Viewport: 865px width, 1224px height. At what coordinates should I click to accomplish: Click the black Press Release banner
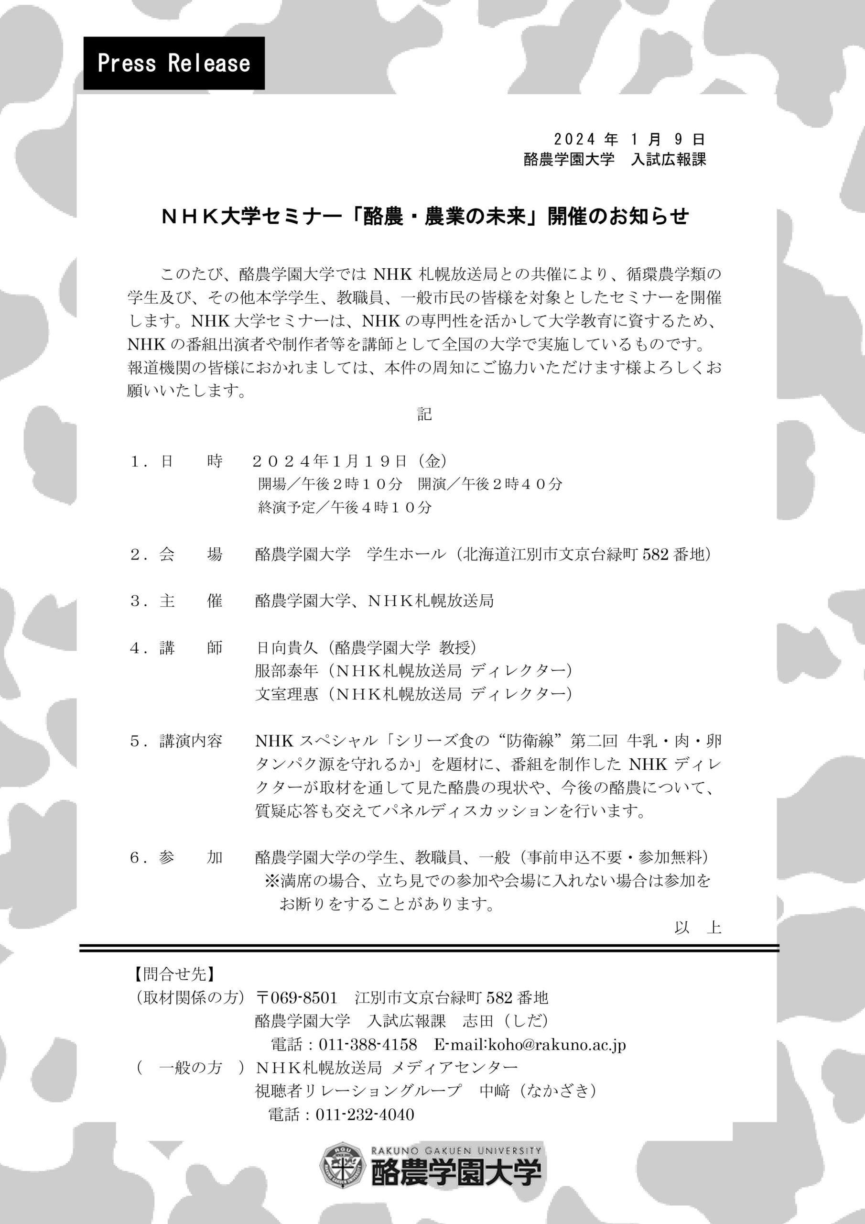(x=174, y=63)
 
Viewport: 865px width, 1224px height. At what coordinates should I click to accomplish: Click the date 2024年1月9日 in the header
(x=629, y=140)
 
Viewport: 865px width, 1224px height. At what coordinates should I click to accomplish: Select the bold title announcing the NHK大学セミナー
(x=425, y=217)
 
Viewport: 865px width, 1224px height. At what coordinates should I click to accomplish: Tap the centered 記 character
(x=424, y=414)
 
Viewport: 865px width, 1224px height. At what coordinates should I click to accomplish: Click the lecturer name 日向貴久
(x=286, y=648)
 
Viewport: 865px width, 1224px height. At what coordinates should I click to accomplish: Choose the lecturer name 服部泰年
(x=286, y=671)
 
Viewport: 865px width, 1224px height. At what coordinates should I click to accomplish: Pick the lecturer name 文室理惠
(x=286, y=694)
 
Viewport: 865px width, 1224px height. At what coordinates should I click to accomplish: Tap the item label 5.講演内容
(x=176, y=741)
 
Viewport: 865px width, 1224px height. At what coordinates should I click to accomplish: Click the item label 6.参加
(x=176, y=857)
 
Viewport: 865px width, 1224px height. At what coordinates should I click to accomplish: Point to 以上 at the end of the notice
(x=697, y=928)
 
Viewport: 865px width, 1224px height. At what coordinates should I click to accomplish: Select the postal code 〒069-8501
(x=296, y=997)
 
